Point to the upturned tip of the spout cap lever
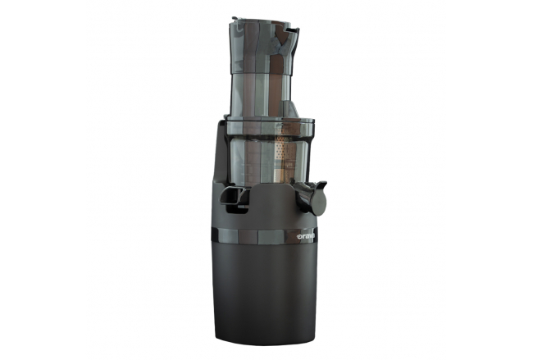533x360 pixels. pyautogui.click(x=323, y=185)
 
